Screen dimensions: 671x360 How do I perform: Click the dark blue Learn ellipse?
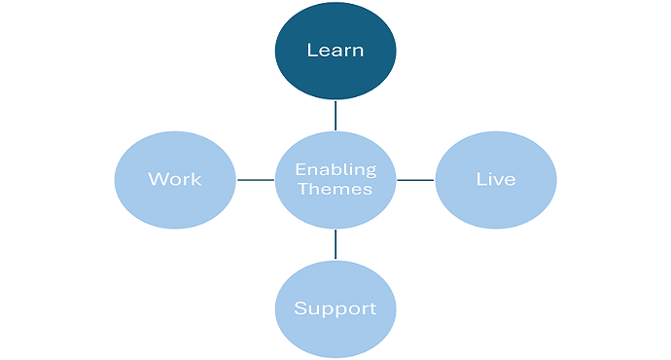[x=335, y=51]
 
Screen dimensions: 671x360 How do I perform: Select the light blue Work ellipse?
[x=175, y=180]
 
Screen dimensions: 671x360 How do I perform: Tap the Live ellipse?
[x=496, y=180]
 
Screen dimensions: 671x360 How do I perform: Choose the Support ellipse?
[x=335, y=309]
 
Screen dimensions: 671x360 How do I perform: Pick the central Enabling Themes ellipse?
[x=335, y=180]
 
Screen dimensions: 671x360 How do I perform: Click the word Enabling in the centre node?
[x=335, y=170]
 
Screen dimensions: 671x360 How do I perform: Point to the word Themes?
[x=335, y=189]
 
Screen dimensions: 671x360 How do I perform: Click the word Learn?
[x=335, y=51]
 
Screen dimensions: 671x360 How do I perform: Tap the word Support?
[x=335, y=309]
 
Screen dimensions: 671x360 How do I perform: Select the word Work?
[x=175, y=179]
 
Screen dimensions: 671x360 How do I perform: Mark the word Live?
[x=496, y=179]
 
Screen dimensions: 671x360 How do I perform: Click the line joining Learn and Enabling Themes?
[x=335, y=116]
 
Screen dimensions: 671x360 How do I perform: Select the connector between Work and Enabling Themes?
[x=256, y=180]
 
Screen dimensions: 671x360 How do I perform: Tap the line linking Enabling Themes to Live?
[x=415, y=180]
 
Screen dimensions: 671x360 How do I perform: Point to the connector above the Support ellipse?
[x=335, y=244]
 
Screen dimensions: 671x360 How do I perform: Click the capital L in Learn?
[x=312, y=51]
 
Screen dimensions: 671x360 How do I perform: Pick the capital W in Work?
[x=158, y=179]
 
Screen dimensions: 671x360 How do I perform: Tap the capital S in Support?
[x=300, y=308]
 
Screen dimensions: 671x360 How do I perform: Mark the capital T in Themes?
[x=303, y=189]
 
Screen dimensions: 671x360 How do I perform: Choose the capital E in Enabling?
[x=300, y=169]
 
